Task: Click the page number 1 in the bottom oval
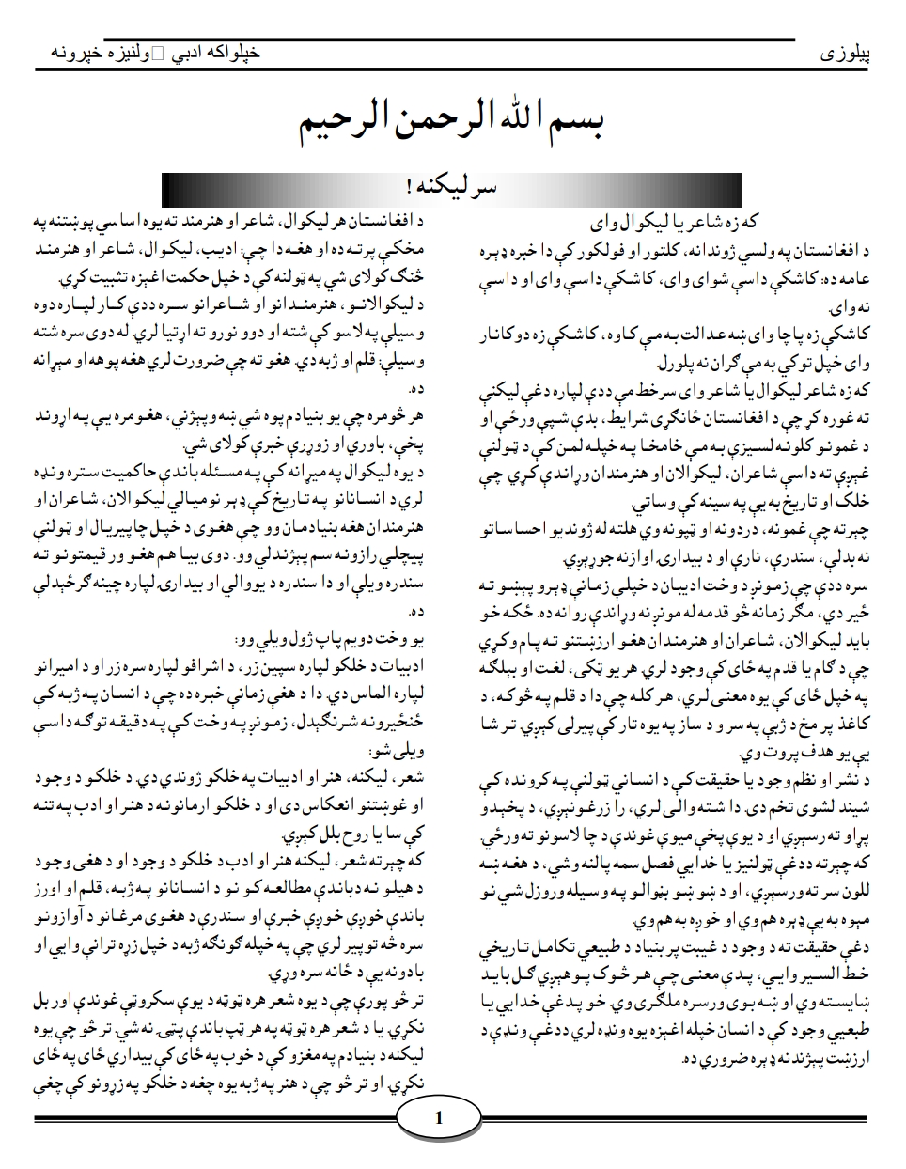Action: pos(439,1119)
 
